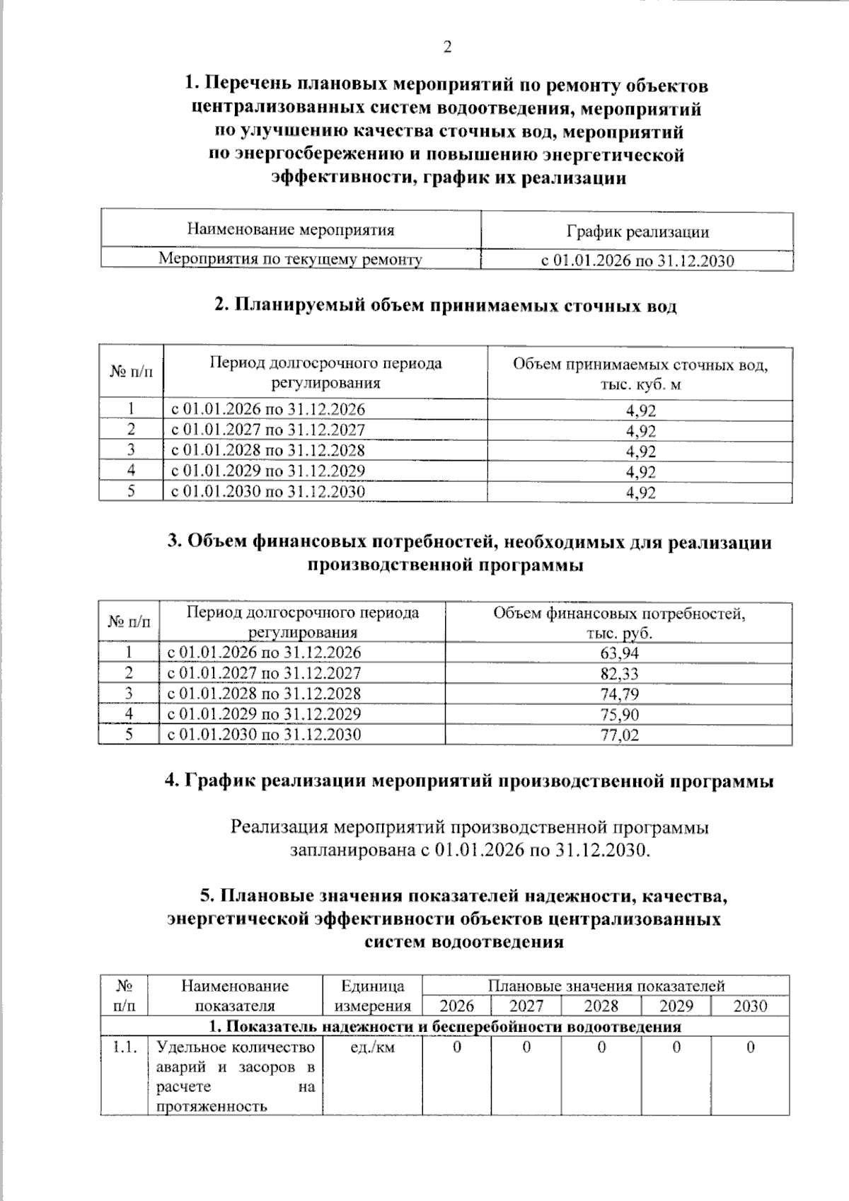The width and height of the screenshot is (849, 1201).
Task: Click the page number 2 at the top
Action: coord(446,47)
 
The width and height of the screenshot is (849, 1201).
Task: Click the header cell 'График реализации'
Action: coord(637,231)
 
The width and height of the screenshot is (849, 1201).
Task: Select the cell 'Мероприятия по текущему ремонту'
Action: coord(290,259)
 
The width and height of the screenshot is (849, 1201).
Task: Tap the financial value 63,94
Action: coord(619,653)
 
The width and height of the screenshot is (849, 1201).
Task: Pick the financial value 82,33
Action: coord(619,674)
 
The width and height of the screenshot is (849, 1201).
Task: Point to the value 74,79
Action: coord(619,694)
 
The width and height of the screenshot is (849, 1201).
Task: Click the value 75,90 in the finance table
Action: coord(619,715)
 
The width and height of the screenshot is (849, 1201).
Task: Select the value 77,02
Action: coord(619,735)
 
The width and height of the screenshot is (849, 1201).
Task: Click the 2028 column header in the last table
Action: coord(601,1006)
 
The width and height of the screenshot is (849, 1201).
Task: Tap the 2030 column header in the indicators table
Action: coord(750,1006)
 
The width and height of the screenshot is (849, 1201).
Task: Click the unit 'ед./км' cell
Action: coord(372,1047)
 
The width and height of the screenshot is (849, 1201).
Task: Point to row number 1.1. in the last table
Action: coord(125,1047)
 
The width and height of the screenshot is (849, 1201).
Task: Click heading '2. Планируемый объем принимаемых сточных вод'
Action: coord(446,306)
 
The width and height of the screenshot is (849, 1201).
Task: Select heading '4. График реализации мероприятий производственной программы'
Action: coord(468,781)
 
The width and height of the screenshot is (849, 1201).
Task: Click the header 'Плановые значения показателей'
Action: coord(606,985)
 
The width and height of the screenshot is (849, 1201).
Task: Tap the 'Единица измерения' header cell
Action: coord(372,995)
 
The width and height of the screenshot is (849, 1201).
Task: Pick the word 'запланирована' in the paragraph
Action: coord(354,849)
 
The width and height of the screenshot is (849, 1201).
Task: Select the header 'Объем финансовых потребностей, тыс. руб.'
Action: coord(619,622)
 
